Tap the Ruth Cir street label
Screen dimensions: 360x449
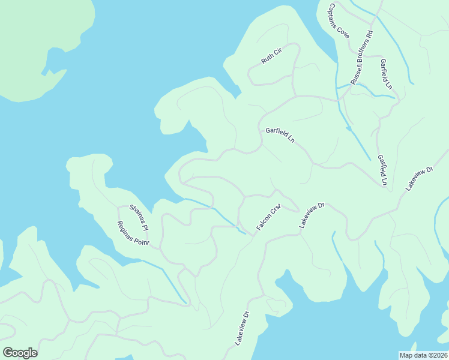pos(271,56)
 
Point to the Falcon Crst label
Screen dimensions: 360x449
pos(268,218)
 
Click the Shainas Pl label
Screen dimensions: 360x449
pos(138,218)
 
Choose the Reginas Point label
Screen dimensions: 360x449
pos(133,233)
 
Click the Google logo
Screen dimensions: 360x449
pos(20,353)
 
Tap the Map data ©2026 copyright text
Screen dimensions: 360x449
pos(423,355)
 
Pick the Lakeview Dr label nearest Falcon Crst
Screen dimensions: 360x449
pos(312,215)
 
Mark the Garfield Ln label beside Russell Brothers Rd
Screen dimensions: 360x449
pos(385,74)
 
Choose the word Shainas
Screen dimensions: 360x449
pos(135,214)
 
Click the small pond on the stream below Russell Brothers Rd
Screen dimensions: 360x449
pos(348,128)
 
